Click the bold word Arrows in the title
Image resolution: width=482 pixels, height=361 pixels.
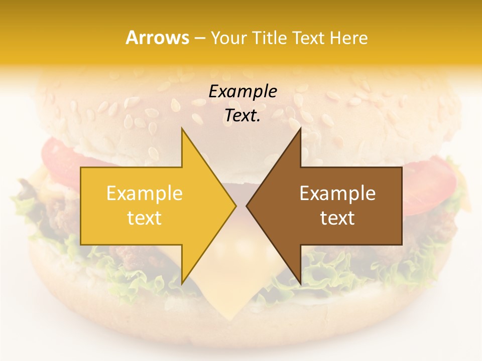(157, 38)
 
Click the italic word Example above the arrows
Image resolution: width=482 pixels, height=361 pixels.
(243, 91)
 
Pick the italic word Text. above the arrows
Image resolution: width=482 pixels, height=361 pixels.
(243, 115)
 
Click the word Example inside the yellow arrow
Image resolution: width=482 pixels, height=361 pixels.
(145, 194)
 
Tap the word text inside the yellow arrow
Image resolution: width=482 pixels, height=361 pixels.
(145, 218)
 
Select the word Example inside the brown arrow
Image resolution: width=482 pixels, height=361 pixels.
(337, 194)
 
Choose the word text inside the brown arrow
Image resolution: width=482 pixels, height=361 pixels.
(337, 218)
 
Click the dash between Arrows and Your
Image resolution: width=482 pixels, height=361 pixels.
(199, 38)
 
